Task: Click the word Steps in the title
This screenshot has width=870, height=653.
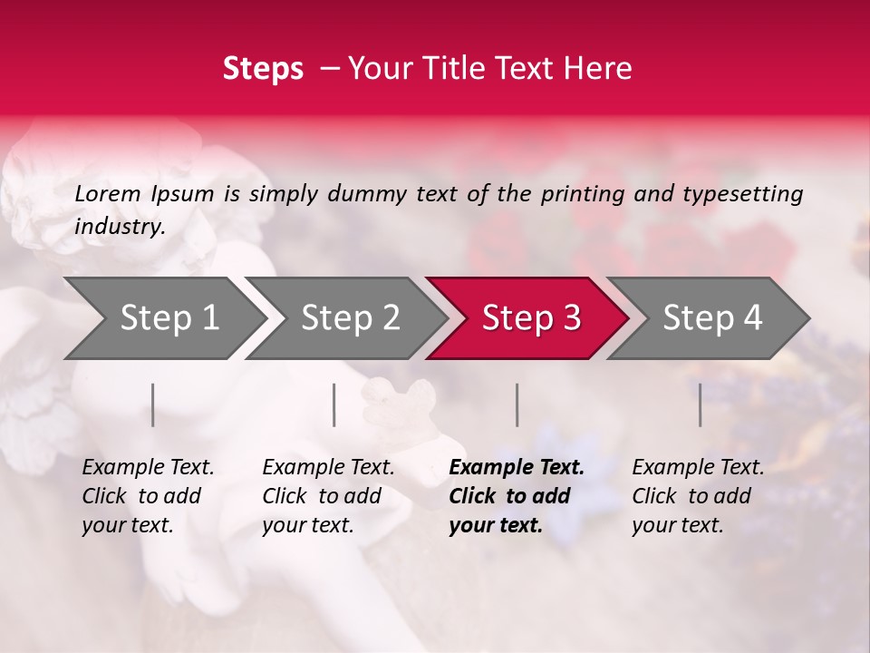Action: pyautogui.click(x=263, y=69)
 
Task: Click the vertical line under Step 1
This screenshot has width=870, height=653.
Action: pyautogui.click(x=153, y=404)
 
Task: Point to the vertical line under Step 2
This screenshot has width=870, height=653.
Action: pyautogui.click(x=334, y=404)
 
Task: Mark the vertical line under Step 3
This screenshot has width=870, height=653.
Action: pyautogui.click(x=517, y=404)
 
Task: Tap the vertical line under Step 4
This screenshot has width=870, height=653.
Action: pyautogui.click(x=701, y=404)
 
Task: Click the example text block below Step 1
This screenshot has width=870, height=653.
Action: pyautogui.click(x=148, y=496)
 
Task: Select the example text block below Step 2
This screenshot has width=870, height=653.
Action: pyautogui.click(x=328, y=496)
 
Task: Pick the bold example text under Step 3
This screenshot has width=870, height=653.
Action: pyautogui.click(x=517, y=496)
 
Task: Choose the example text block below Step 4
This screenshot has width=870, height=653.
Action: pyautogui.click(x=698, y=496)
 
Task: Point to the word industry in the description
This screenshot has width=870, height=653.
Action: pyautogui.click(x=119, y=227)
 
